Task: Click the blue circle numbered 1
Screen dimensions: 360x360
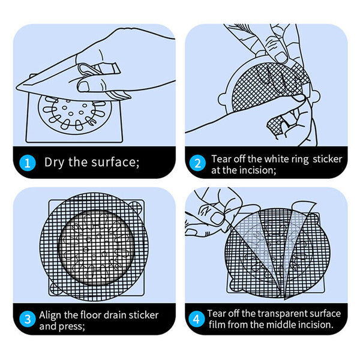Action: click(28, 163)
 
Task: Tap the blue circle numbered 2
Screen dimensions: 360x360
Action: click(197, 163)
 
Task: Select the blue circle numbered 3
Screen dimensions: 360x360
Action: click(28, 319)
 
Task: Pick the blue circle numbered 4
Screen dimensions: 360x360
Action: click(196, 319)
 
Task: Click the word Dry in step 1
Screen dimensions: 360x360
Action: click(54, 163)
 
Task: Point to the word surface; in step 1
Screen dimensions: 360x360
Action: click(115, 162)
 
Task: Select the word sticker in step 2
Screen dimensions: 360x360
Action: click(328, 159)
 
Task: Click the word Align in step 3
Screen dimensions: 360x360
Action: click(50, 316)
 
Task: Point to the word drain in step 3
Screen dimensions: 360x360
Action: click(112, 315)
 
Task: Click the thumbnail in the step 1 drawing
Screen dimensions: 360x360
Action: click(83, 86)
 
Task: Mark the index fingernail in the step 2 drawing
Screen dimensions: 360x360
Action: click(281, 56)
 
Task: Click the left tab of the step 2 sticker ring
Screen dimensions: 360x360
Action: click(223, 99)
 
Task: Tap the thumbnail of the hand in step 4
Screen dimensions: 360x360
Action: click(217, 218)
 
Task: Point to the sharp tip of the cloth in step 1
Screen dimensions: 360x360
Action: click(16, 88)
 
